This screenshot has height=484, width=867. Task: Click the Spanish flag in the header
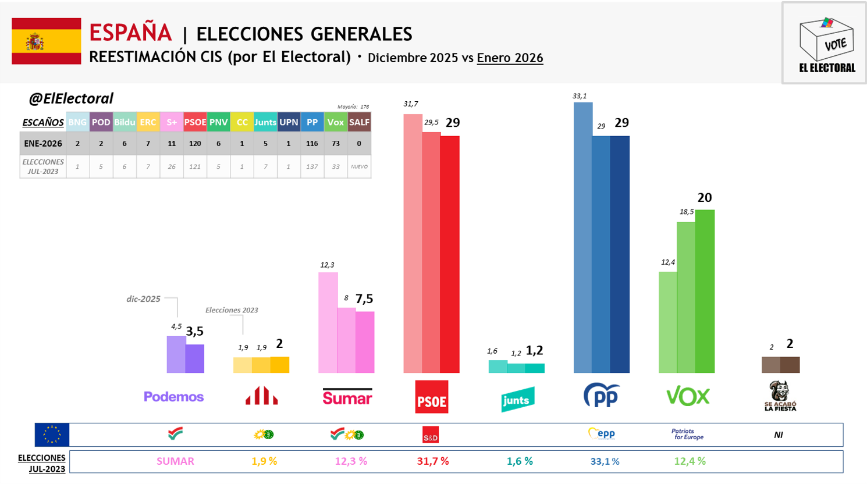[47, 41]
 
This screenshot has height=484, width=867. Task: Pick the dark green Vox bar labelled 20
[705, 291]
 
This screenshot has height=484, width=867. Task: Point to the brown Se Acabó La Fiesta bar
[780, 365]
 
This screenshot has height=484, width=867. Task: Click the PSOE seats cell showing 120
[195, 143]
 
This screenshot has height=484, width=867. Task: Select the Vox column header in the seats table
[336, 122]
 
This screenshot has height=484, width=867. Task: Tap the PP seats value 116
[312, 143]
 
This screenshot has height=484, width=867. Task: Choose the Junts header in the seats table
[265, 122]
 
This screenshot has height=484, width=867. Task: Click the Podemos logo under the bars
[173, 397]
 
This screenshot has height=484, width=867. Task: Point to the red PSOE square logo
[432, 397]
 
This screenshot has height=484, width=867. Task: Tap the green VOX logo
[688, 397]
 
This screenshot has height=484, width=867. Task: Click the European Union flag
[52, 435]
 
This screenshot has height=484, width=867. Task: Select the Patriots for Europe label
[687, 435]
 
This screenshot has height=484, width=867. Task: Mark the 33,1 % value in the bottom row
[605, 461]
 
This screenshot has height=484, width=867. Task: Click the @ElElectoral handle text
[71, 98]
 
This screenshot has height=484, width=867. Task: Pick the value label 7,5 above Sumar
[364, 299]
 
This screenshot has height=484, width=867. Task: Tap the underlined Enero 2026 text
[510, 58]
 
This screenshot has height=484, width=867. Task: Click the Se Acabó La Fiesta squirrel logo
[780, 396]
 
